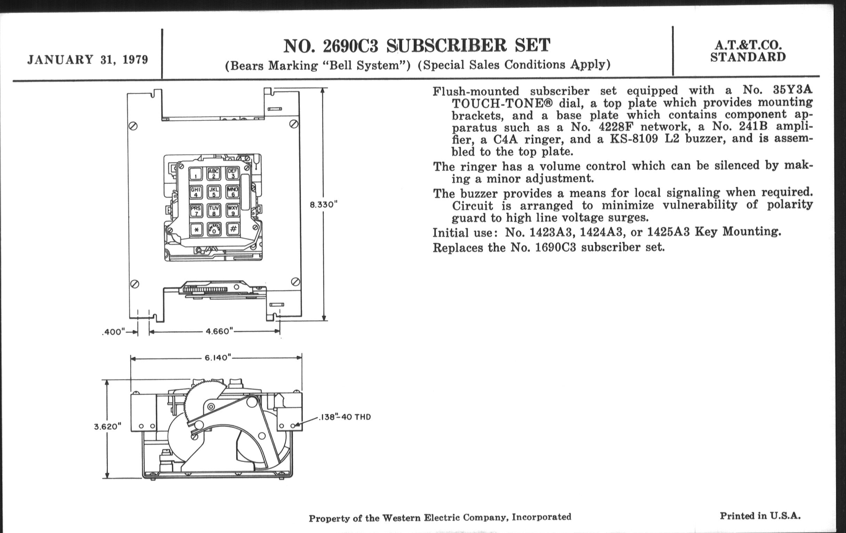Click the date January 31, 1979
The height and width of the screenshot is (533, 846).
87,60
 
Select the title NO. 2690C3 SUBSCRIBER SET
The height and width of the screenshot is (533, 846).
417,46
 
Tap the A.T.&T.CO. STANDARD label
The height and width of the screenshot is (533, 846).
748,51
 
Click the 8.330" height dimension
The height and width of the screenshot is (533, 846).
324,205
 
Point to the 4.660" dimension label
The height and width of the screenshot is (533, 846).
219,331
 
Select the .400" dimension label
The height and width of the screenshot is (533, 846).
113,332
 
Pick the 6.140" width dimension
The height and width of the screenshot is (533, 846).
218,358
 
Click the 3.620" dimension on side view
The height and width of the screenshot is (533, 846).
107,427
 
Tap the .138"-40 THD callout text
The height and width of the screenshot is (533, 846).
345,417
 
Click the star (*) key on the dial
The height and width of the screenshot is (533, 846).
196,230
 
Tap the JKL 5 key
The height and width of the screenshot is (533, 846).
214,192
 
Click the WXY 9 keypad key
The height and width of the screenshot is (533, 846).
233,210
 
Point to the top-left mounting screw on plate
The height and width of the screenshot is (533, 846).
133,126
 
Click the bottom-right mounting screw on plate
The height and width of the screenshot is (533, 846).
296,282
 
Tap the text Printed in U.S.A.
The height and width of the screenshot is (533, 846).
760,516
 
